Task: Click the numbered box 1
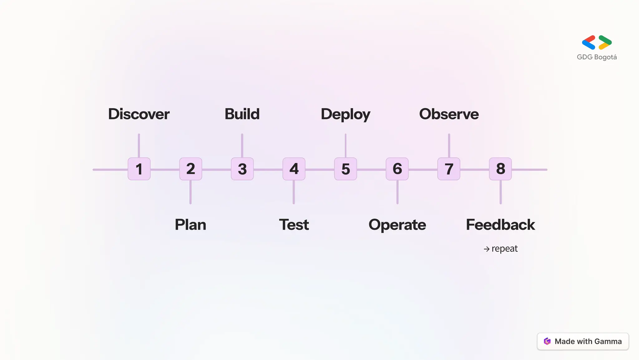[139, 169]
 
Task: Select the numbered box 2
[191, 169]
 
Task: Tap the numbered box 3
[242, 169]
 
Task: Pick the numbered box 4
[294, 169]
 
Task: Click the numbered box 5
[345, 169]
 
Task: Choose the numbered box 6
[397, 169]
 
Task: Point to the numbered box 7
[449, 169]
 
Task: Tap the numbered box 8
[500, 169]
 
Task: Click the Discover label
[139, 114]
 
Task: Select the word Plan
[190, 225]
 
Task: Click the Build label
[242, 114]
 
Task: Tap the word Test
[294, 225]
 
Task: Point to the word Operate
[397, 225]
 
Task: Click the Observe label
[449, 114]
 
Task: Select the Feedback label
[500, 225]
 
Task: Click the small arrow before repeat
[486, 249]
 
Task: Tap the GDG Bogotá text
[597, 57]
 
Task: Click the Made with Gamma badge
[583, 341]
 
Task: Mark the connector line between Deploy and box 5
[345, 146]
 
